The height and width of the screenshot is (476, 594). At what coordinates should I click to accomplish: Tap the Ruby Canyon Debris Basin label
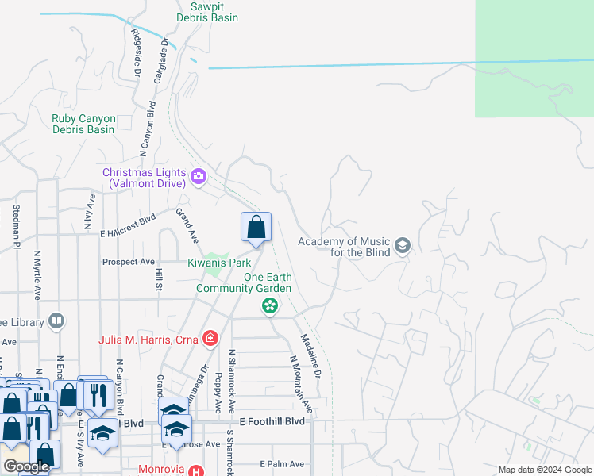pos(83,124)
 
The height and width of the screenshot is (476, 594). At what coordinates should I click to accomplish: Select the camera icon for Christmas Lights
pos(199,176)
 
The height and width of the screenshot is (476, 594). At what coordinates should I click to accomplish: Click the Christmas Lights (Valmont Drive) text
pos(144,178)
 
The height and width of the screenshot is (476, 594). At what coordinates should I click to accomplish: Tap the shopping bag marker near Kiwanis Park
pos(256,228)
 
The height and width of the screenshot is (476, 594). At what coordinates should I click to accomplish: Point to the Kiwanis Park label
pos(219,263)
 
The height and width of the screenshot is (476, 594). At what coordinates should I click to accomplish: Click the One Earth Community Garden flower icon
pos(270,305)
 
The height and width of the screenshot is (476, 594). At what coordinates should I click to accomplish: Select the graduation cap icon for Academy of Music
pos(402,246)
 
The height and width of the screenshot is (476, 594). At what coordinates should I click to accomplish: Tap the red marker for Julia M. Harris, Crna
pos(210,340)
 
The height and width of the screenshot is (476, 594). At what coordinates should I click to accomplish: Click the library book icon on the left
pos(56,321)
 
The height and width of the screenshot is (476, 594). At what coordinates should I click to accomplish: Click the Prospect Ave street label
pos(128,262)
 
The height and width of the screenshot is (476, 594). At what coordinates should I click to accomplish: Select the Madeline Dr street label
pos(310,355)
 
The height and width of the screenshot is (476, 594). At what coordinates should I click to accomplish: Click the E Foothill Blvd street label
pos(272,422)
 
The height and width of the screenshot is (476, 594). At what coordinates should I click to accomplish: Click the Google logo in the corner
pos(26,466)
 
